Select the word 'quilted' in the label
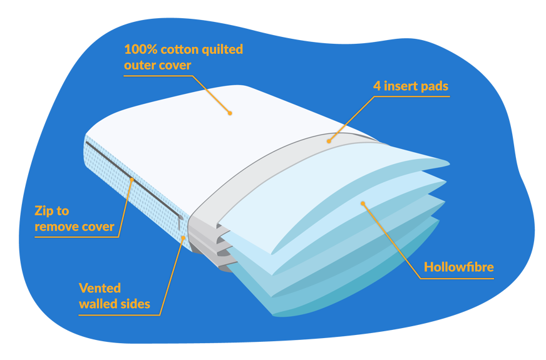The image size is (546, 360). pos(222,49)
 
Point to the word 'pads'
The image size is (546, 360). pos(435,86)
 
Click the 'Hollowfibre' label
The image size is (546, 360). pos(458,267)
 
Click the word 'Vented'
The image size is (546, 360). pos(99,289)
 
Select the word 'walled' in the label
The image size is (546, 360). pos(98,304)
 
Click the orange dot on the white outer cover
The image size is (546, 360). pos(230,113)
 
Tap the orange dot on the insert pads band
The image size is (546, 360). pos(329,141)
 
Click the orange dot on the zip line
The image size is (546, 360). pos(131,180)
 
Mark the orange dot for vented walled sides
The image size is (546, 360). pos(183,237)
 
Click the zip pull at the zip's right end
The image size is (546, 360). pos(181,220)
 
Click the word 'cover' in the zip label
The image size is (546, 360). pos(100,227)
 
